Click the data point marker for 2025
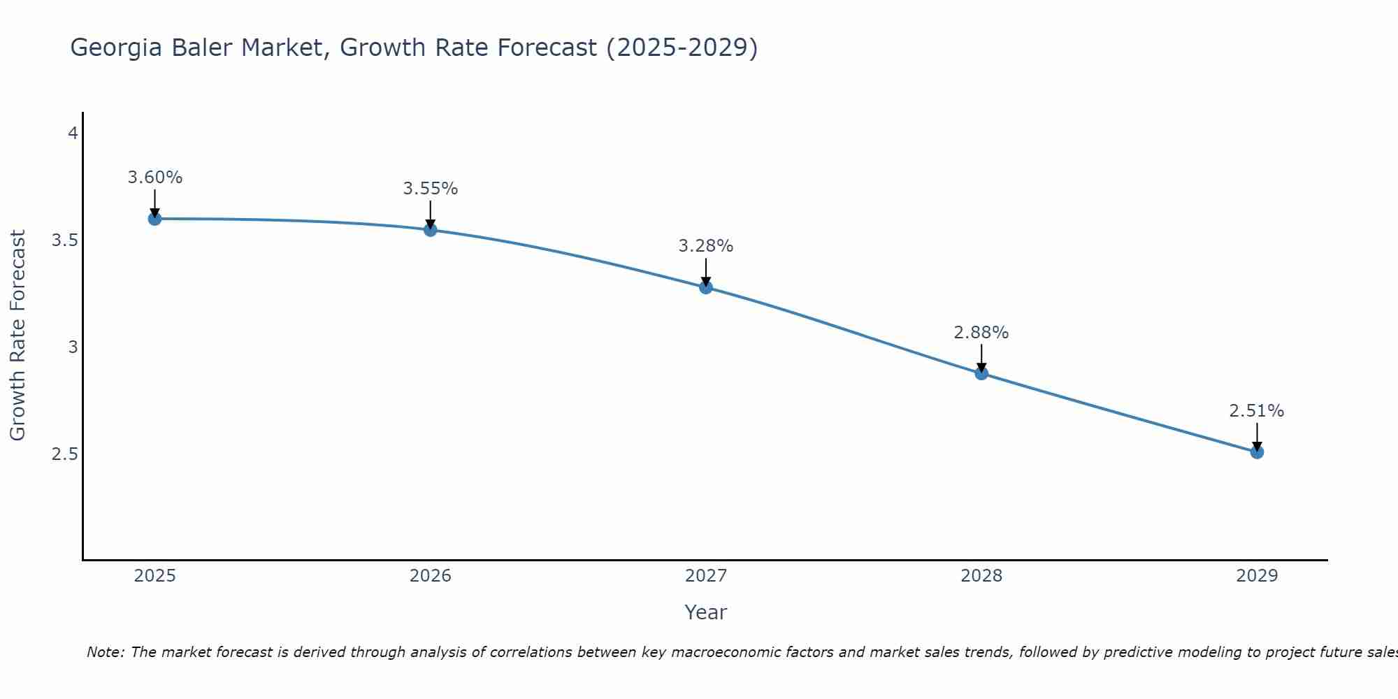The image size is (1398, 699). (154, 219)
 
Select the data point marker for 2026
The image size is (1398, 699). (431, 230)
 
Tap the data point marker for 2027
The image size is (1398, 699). (706, 287)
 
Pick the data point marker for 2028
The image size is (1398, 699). (981, 373)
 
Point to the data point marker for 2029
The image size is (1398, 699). (1257, 452)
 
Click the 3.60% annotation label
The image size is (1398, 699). (154, 178)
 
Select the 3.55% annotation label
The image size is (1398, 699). (431, 189)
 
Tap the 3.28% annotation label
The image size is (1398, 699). (706, 246)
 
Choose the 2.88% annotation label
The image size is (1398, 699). (981, 333)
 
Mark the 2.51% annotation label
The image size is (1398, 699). (1257, 411)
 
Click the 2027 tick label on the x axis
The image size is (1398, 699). (706, 576)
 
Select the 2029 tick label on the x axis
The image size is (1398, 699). (1257, 576)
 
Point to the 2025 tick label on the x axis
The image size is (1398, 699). (154, 576)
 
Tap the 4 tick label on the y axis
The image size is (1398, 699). (73, 133)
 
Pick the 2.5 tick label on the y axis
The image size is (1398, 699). (64, 454)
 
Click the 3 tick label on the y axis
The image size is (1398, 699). (73, 347)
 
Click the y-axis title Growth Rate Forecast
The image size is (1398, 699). (17, 336)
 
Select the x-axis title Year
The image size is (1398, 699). (706, 612)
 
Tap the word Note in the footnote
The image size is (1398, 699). (105, 652)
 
